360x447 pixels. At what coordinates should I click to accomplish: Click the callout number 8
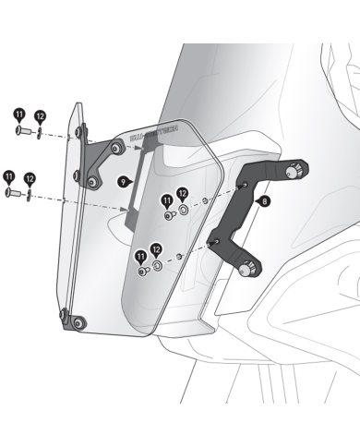pos(265,199)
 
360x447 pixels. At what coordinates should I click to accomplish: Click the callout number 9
pos(122,183)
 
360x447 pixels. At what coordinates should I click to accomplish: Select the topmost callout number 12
pos(40,116)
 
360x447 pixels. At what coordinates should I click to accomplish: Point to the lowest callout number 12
pos(156,249)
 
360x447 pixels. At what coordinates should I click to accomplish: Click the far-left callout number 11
pos(9,175)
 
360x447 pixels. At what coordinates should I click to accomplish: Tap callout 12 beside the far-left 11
pos(30,178)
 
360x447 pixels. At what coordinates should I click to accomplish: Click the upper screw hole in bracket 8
pos(242,190)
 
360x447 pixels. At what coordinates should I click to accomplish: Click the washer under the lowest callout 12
pos(156,267)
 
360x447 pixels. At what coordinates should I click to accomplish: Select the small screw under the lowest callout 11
pos(141,272)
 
